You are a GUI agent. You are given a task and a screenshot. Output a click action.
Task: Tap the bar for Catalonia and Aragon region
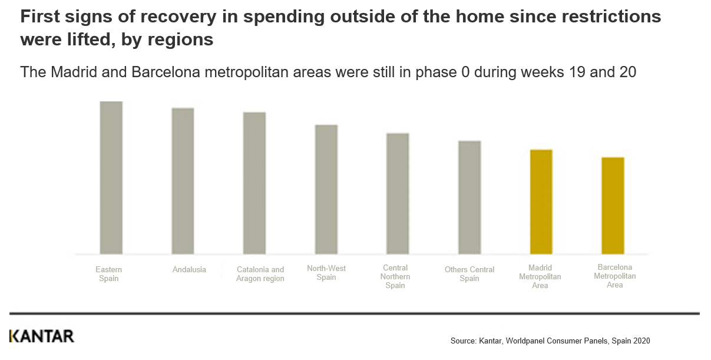tap(254, 183)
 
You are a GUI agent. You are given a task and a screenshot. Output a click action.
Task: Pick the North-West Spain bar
tap(326, 189)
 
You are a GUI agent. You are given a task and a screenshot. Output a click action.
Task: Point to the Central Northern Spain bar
tap(398, 194)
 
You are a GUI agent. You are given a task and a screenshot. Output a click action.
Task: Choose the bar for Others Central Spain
tap(469, 197)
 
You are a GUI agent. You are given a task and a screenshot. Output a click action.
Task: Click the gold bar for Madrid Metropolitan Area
tap(541, 202)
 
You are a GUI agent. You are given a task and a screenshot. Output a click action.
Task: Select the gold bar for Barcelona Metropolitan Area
tap(613, 206)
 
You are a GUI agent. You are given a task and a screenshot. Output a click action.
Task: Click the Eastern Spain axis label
tap(109, 274)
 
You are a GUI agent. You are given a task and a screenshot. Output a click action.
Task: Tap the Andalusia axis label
tap(189, 270)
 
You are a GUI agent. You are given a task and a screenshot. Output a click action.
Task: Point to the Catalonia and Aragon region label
tap(260, 274)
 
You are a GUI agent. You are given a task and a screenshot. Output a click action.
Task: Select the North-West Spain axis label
tap(326, 273)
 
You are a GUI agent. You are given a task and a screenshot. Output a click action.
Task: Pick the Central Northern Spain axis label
tap(395, 276)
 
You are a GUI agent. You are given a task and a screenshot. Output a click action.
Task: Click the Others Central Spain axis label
tap(469, 274)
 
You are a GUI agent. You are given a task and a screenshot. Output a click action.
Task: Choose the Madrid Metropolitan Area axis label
tap(540, 276)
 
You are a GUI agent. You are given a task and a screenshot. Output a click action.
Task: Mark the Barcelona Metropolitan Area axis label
tap(614, 276)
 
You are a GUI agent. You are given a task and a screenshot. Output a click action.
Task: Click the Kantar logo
tap(42, 336)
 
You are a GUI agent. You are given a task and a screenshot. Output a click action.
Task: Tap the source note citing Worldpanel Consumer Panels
tap(550, 341)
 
